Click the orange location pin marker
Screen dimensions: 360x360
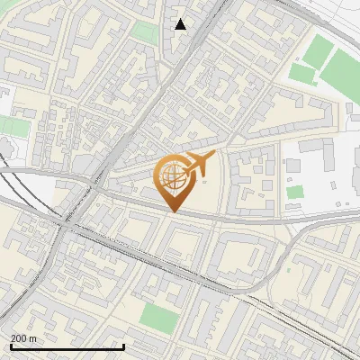click(172, 181)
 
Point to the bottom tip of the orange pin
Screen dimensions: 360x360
click(172, 211)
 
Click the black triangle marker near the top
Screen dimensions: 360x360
click(181, 24)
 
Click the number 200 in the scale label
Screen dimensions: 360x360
click(20, 337)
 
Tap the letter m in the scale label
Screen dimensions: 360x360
click(34, 337)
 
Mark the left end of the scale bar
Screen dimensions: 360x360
click(10, 346)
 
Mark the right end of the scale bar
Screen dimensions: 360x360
click(123, 346)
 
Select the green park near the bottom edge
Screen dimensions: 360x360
click(160, 317)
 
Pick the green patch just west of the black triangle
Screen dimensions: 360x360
click(143, 32)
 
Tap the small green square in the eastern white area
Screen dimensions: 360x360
click(295, 192)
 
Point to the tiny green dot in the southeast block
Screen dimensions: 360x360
click(289, 268)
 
